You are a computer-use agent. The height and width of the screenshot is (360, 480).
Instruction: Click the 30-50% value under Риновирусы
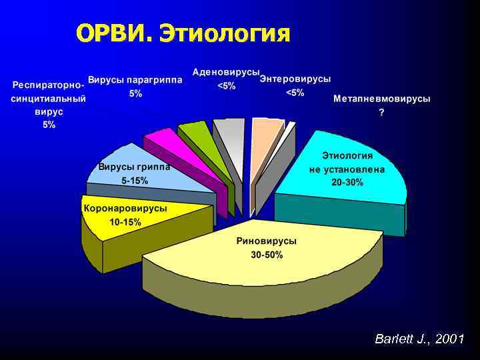267,255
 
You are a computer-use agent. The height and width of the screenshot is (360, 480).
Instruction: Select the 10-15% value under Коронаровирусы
125,222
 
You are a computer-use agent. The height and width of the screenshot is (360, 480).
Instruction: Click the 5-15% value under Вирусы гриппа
135,181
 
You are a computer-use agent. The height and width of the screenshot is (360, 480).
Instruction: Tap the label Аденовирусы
226,71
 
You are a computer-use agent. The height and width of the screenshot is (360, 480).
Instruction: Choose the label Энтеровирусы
295,79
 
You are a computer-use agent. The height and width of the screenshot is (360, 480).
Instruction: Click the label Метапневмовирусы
381,99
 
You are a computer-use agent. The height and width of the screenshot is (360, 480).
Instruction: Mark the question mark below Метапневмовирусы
381,113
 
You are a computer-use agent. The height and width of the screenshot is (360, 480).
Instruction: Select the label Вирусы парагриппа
135,79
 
